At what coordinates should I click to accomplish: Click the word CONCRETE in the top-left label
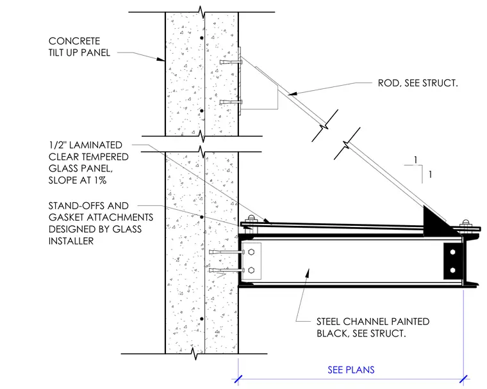(x=74, y=41)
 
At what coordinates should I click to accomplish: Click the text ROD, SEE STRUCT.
(x=418, y=83)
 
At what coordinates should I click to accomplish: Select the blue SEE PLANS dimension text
(x=351, y=370)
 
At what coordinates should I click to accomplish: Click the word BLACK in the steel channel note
(x=331, y=333)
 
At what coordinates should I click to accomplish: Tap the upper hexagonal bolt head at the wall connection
(x=252, y=252)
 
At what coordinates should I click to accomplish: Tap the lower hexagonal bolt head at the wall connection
(x=252, y=270)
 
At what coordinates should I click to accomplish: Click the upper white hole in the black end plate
(x=452, y=252)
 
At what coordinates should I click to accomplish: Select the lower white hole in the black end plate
(x=452, y=270)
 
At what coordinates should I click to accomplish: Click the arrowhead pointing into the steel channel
(x=308, y=273)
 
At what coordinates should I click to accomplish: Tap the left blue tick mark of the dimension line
(x=238, y=379)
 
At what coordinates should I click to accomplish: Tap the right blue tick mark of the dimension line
(x=463, y=379)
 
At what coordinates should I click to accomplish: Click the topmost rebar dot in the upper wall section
(x=202, y=38)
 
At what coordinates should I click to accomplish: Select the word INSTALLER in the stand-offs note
(x=71, y=241)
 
